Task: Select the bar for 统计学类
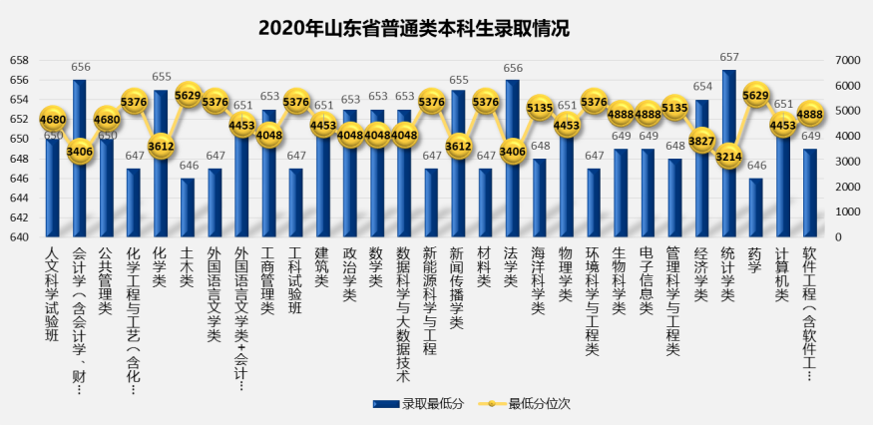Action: pyautogui.click(x=728, y=160)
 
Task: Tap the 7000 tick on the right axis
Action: pyautogui.click(x=843, y=61)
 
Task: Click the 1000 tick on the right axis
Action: pyautogui.click(x=843, y=212)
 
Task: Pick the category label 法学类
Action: pyautogui.click(x=512, y=267)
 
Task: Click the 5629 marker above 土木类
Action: pyautogui.click(x=188, y=96)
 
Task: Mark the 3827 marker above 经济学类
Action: pyautogui.click(x=701, y=142)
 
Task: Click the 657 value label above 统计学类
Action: pyautogui.click(x=728, y=58)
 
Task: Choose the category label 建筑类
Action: pyautogui.click(x=322, y=267)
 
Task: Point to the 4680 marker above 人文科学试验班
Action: pyautogui.click(x=53, y=120)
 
